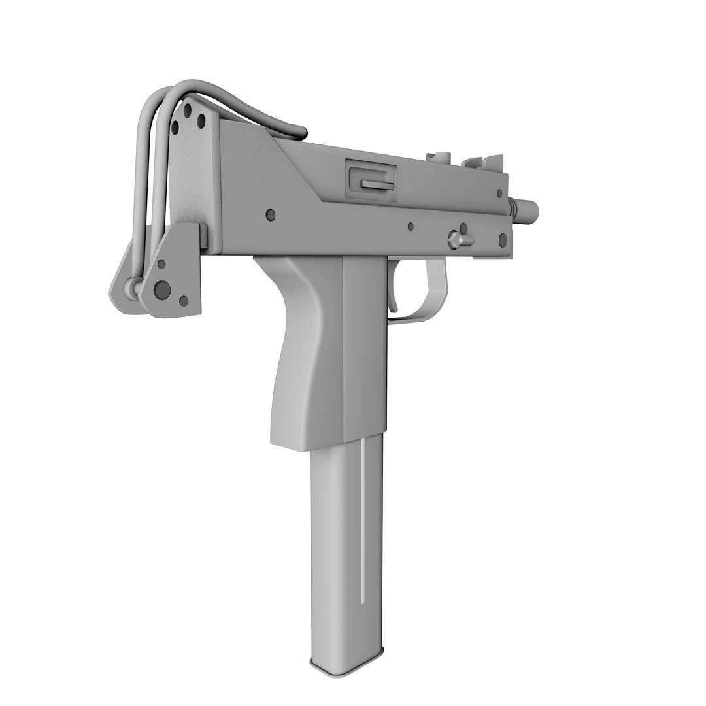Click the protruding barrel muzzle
click(531, 210)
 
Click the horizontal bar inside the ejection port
click(378, 186)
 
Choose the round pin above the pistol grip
click(271, 214)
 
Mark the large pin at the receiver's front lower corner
click(503, 240)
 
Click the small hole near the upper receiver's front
click(499, 193)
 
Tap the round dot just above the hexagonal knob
click(463, 228)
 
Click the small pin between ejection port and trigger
click(411, 227)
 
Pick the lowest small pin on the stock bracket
click(184, 301)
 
